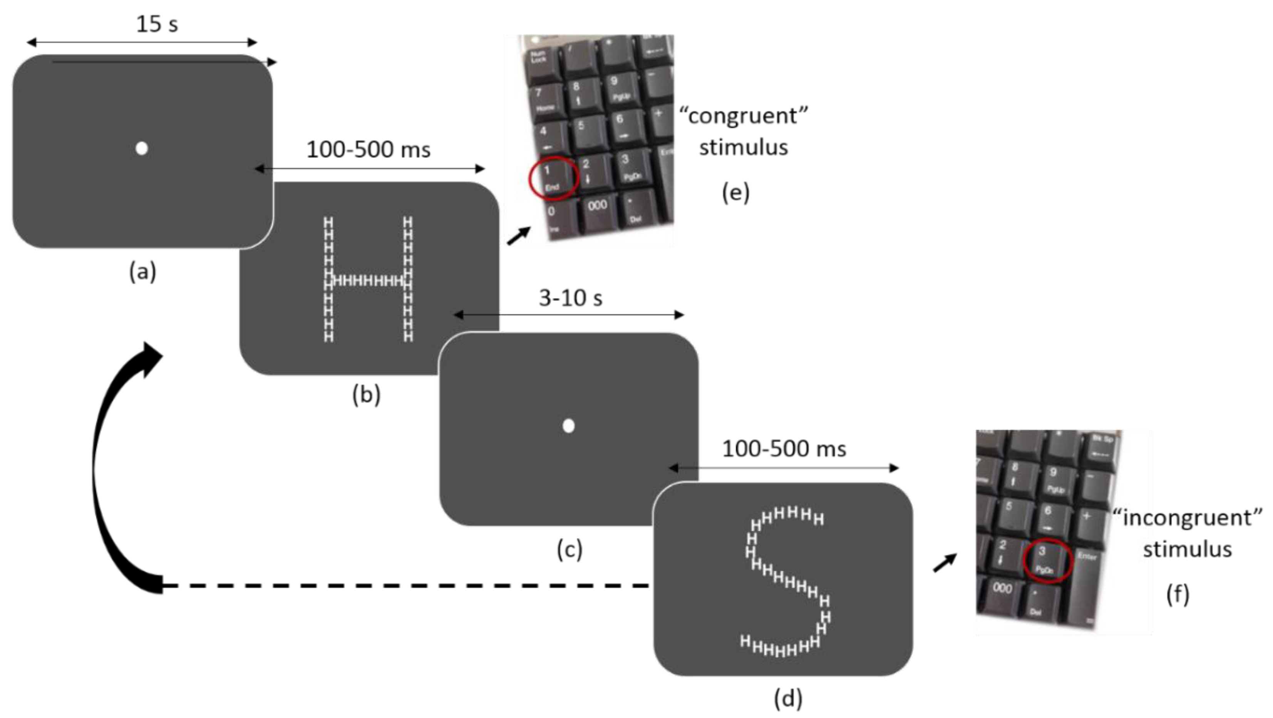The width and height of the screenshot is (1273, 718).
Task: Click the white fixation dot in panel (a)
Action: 142,148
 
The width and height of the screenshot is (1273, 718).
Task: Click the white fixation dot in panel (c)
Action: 568,426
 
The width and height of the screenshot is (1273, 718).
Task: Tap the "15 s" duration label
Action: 157,24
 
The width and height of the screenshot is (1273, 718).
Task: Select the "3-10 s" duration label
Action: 570,298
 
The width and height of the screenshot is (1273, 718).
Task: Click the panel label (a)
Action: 142,272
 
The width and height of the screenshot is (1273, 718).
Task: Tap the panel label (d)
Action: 788,698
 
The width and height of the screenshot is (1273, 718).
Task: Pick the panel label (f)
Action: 1178,594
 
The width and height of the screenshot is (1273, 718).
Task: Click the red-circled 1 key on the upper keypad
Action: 553,178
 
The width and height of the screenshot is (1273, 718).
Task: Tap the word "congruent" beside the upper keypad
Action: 744,117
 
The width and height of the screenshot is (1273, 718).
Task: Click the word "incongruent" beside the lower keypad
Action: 1187,518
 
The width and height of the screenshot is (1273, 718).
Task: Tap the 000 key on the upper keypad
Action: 598,206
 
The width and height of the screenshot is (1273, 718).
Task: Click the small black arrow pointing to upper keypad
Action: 518,236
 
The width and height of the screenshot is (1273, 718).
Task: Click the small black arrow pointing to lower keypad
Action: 945,563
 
